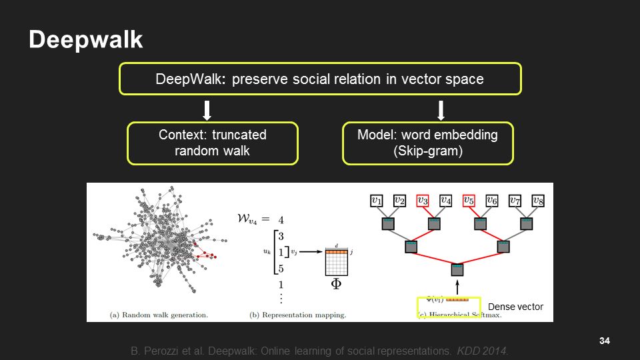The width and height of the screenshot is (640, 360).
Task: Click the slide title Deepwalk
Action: [85, 40]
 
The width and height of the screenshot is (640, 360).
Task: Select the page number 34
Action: [605, 341]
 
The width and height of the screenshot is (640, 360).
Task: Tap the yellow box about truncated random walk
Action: [213, 143]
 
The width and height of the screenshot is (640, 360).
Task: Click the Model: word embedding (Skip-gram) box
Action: [427, 143]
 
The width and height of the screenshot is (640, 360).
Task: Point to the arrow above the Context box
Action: [207, 109]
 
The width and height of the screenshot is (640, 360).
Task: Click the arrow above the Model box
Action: [441, 109]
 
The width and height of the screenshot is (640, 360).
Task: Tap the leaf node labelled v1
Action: [377, 199]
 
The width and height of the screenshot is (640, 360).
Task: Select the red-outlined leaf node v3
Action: [423, 199]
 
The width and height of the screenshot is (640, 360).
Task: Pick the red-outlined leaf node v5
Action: [469, 199]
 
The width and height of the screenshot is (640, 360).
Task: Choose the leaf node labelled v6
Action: [491, 199]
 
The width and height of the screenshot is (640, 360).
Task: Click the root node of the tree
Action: [457, 270]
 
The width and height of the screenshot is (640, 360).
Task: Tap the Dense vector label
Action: [515, 307]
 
